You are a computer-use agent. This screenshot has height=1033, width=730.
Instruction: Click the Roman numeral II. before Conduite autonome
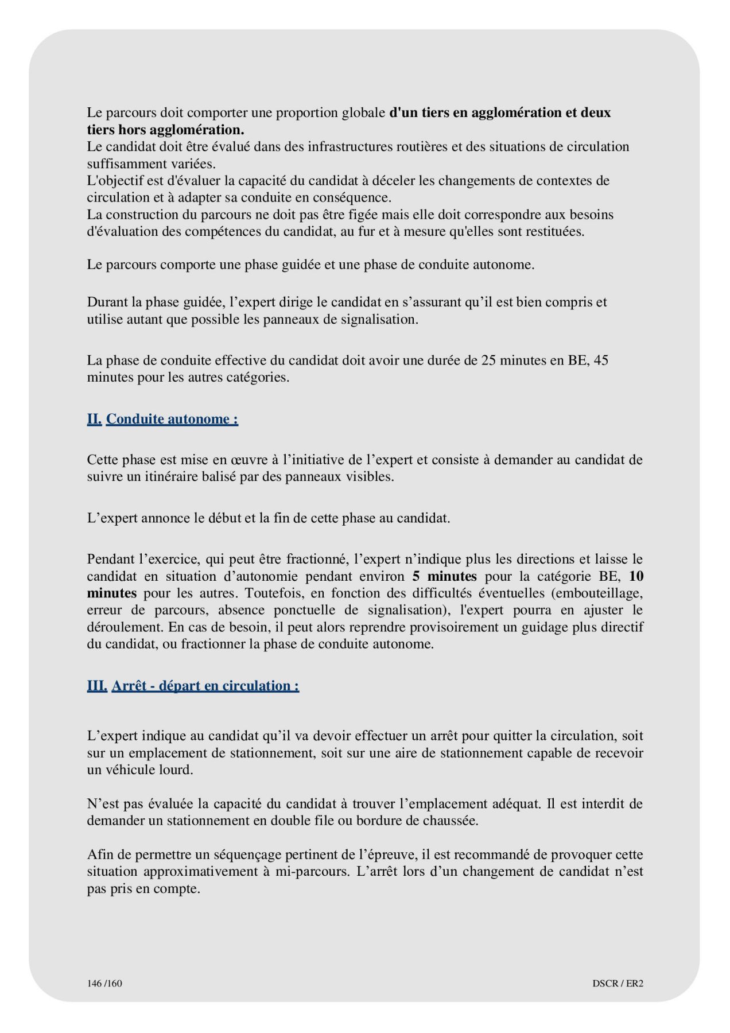click(x=95, y=419)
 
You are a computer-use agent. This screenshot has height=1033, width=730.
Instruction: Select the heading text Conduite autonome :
click(x=172, y=419)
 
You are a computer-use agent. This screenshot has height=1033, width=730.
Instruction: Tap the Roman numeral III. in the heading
click(x=97, y=686)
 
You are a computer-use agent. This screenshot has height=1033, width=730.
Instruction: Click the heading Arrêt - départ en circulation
click(x=205, y=686)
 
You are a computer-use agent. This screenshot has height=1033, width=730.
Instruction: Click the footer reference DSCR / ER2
click(x=618, y=984)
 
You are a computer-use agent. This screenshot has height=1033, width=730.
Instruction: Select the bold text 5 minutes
click(x=444, y=576)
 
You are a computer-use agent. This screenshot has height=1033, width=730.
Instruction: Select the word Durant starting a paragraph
click(x=106, y=302)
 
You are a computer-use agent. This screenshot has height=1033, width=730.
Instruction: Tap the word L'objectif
click(x=115, y=181)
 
